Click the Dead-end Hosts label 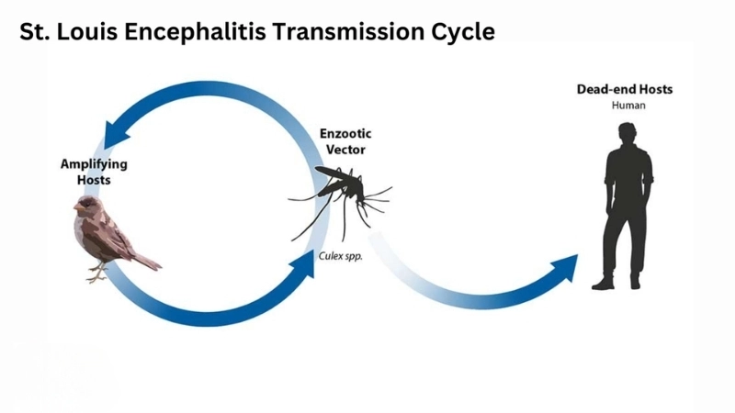coord(625,89)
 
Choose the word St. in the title coord(34,32)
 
